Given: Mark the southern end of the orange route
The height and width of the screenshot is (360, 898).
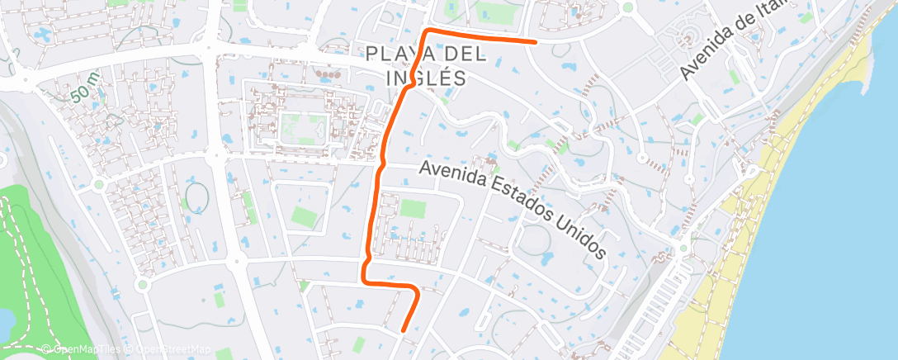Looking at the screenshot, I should pos(403,331).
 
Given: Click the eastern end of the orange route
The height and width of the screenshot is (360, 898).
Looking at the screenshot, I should pos(536,40).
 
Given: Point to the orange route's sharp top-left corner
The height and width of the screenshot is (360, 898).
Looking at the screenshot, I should pos(427,31).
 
